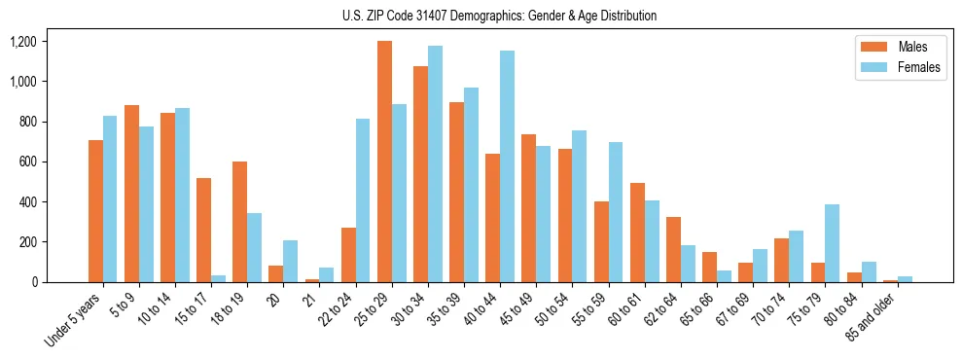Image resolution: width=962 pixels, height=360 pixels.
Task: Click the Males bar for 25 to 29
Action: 384,162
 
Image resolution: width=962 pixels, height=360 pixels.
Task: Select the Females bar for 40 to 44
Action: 507,166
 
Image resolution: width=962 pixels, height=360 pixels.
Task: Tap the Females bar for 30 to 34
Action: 435,164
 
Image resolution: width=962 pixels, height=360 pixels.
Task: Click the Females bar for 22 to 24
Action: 363,200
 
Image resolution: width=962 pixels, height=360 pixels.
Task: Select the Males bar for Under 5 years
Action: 95,211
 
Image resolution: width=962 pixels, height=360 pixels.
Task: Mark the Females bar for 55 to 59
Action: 615,212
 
